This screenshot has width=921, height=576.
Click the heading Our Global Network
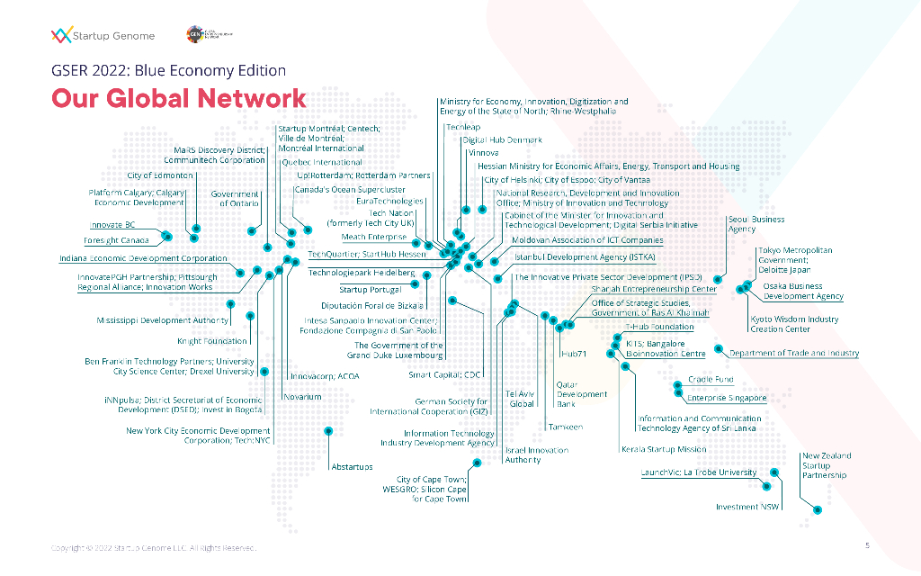[x=178, y=98]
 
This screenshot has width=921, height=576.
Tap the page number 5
[x=867, y=545]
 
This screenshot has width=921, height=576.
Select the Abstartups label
[x=352, y=466]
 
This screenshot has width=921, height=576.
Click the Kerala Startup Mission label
[x=663, y=449]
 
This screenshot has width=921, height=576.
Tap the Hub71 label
[x=573, y=354]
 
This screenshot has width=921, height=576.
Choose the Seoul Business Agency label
[x=756, y=224]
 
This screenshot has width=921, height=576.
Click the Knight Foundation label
[x=212, y=342]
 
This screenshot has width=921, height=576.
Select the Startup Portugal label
[x=370, y=290]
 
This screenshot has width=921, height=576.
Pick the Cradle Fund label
[x=711, y=380]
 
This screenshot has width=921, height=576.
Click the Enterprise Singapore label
[x=727, y=398]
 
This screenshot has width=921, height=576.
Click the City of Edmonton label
[x=160, y=175]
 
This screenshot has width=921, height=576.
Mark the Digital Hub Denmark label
[x=502, y=140]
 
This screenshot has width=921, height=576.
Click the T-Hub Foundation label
[x=659, y=328]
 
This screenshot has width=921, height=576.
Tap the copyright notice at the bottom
[x=153, y=547]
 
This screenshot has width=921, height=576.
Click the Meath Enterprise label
[x=373, y=238]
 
